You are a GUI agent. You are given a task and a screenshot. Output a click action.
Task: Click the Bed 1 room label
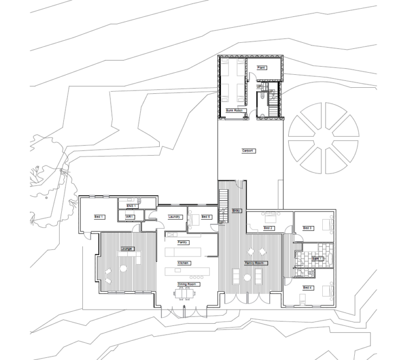pos(99,217)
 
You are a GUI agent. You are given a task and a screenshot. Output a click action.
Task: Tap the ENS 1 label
pos(132,207)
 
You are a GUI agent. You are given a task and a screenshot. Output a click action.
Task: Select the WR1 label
pos(130,217)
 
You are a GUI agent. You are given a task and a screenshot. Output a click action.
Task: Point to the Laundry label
pos(174,217)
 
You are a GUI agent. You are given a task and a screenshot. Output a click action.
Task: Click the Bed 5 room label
pos(206,217)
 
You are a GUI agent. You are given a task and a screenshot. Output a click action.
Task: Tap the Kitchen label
pos(183,263)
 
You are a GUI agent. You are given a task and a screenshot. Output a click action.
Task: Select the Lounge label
pos(127,249)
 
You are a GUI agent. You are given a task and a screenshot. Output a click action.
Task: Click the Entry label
pos(236,210)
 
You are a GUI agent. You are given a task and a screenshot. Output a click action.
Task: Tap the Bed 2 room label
pos(269,228)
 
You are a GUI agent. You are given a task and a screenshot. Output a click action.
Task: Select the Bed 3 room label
pos(308,228)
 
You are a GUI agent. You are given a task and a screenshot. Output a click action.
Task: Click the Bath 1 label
pos(317,259)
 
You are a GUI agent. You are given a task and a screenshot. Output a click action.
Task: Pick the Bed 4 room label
pos(308,287)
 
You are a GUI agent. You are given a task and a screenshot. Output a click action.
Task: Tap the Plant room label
pos(262,68)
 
